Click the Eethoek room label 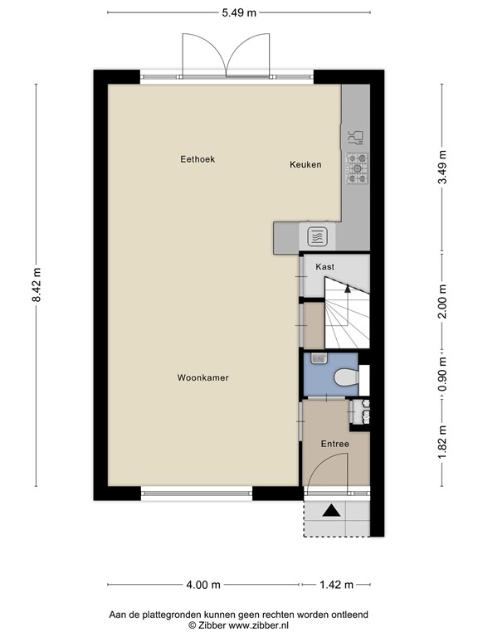pyautogui.click(x=198, y=159)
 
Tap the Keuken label pyautogui.click(x=305, y=165)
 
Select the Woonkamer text pyautogui.click(x=202, y=377)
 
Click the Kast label pyautogui.click(x=324, y=266)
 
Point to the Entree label pyautogui.click(x=335, y=444)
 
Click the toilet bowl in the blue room pyautogui.click(x=344, y=379)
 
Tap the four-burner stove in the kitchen pyautogui.click(x=356, y=169)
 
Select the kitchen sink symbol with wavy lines pyautogui.click(x=318, y=237)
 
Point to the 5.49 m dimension pyautogui.click(x=238, y=12)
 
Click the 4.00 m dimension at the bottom pyautogui.click(x=202, y=585)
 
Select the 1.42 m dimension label pyautogui.click(x=336, y=585)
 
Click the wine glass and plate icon pyautogui.click(x=354, y=135)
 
